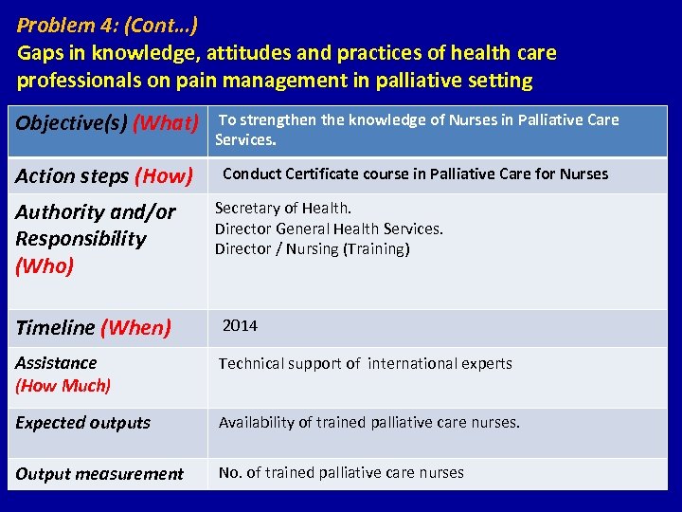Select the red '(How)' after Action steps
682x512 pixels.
click(x=164, y=175)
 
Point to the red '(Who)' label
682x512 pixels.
click(x=45, y=265)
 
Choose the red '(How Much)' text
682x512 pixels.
click(x=63, y=385)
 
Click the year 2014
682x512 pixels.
click(x=240, y=325)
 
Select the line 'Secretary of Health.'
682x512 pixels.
click(x=283, y=208)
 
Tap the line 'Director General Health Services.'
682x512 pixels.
click(x=329, y=229)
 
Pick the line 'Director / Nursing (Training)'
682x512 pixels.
click(x=312, y=248)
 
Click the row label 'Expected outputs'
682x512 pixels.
click(x=82, y=423)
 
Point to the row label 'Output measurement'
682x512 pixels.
click(x=99, y=474)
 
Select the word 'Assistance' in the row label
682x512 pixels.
click(x=56, y=362)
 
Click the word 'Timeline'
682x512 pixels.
click(x=55, y=328)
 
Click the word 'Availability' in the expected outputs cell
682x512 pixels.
click(x=257, y=422)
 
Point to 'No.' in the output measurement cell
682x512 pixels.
click(x=230, y=472)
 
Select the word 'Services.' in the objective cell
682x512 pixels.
click(x=245, y=139)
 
